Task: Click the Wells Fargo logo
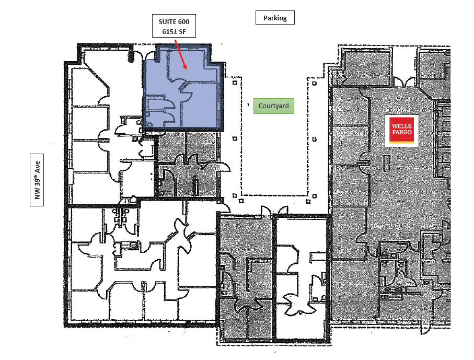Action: tap(401, 131)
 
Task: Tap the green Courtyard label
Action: tap(273, 106)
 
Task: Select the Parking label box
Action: tap(275, 18)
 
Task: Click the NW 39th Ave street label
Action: tap(37, 180)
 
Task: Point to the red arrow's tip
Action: tap(186, 69)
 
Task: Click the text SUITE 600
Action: tap(174, 22)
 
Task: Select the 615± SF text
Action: tap(174, 31)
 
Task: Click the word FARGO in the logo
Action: tap(402, 132)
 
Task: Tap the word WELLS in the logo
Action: tap(402, 126)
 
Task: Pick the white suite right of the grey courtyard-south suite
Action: tap(302, 278)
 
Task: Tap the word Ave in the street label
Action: tap(37, 167)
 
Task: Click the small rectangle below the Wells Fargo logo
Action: tap(386, 163)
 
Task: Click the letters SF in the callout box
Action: tap(182, 31)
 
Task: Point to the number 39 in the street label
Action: tap(37, 184)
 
